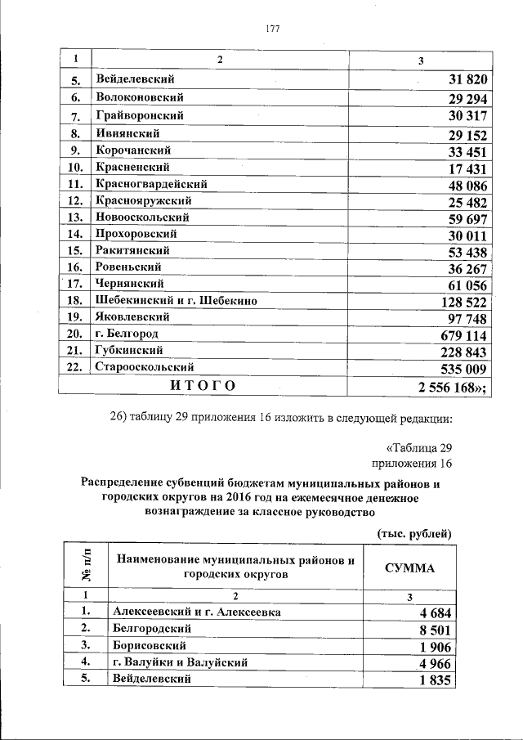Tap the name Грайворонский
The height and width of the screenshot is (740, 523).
pyautogui.click(x=139, y=114)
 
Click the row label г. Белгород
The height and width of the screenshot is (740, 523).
pyautogui.click(x=127, y=334)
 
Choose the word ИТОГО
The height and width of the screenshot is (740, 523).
pyautogui.click(x=202, y=386)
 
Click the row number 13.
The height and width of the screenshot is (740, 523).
pyautogui.click(x=76, y=218)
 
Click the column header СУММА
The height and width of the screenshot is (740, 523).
pyautogui.click(x=409, y=568)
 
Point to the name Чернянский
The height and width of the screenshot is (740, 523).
pyautogui.click(x=132, y=284)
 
